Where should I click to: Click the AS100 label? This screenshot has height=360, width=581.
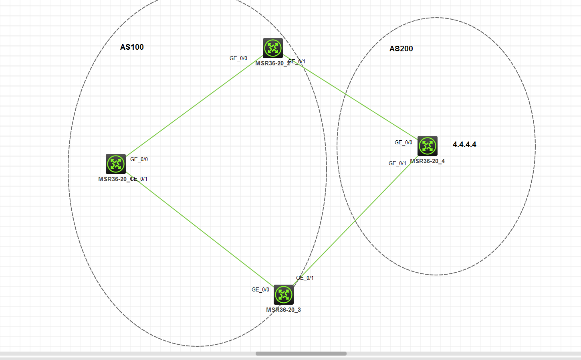[132, 47]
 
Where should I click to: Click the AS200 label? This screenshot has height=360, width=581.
[401, 49]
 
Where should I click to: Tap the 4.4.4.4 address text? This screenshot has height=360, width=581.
[464, 144]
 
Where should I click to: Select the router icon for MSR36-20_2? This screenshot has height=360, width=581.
[273, 48]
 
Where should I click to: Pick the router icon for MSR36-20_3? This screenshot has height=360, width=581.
[284, 295]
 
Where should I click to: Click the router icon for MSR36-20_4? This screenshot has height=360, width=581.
[428, 146]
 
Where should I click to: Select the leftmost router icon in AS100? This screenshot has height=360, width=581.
[116, 164]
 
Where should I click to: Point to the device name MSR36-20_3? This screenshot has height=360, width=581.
[283, 310]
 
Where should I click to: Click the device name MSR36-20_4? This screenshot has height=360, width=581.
[427, 161]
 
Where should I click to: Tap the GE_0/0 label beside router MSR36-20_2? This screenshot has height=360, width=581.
[238, 58]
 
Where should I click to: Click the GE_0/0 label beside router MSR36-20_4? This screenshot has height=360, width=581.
[403, 142]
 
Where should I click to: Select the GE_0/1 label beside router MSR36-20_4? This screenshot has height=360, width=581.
[397, 163]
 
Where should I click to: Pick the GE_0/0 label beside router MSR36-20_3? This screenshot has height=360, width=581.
[260, 289]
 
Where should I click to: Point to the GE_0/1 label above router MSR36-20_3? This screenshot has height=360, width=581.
[305, 278]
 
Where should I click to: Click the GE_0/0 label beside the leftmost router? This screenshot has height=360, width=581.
[139, 159]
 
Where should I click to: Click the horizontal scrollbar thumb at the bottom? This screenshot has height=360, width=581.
[301, 354]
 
